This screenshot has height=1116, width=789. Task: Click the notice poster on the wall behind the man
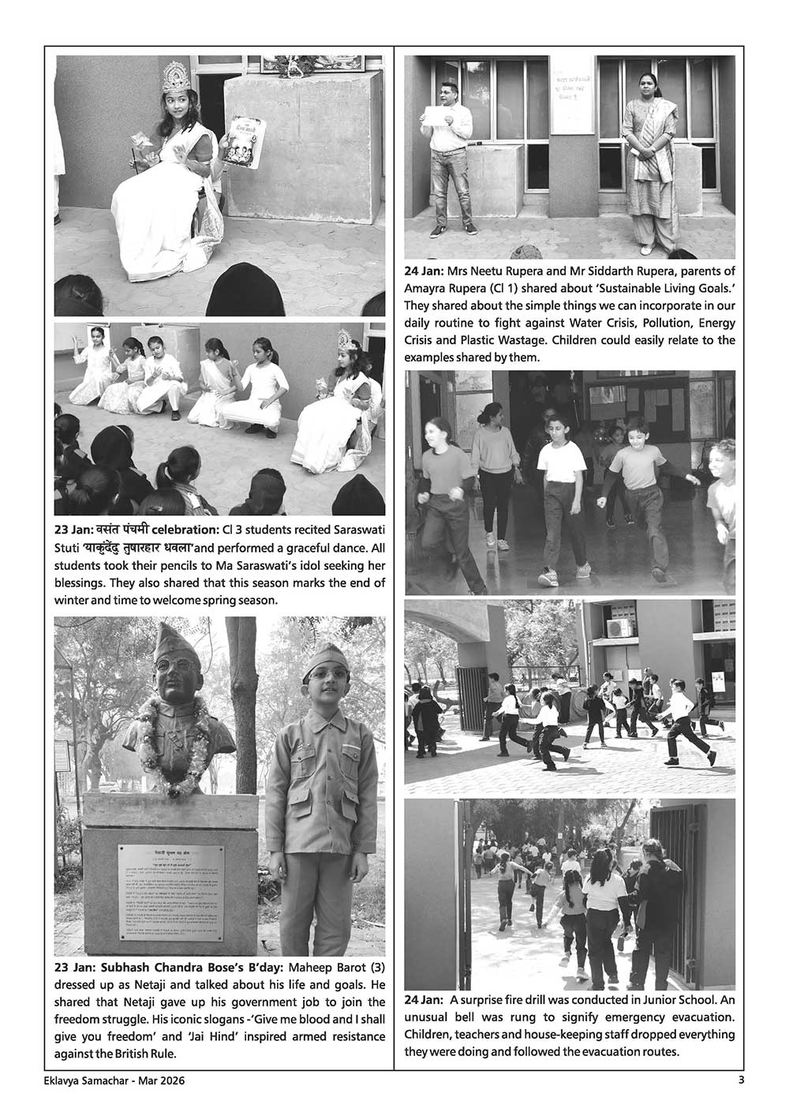(x=571, y=95)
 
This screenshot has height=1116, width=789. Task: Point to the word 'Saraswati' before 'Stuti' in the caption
(x=357, y=528)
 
